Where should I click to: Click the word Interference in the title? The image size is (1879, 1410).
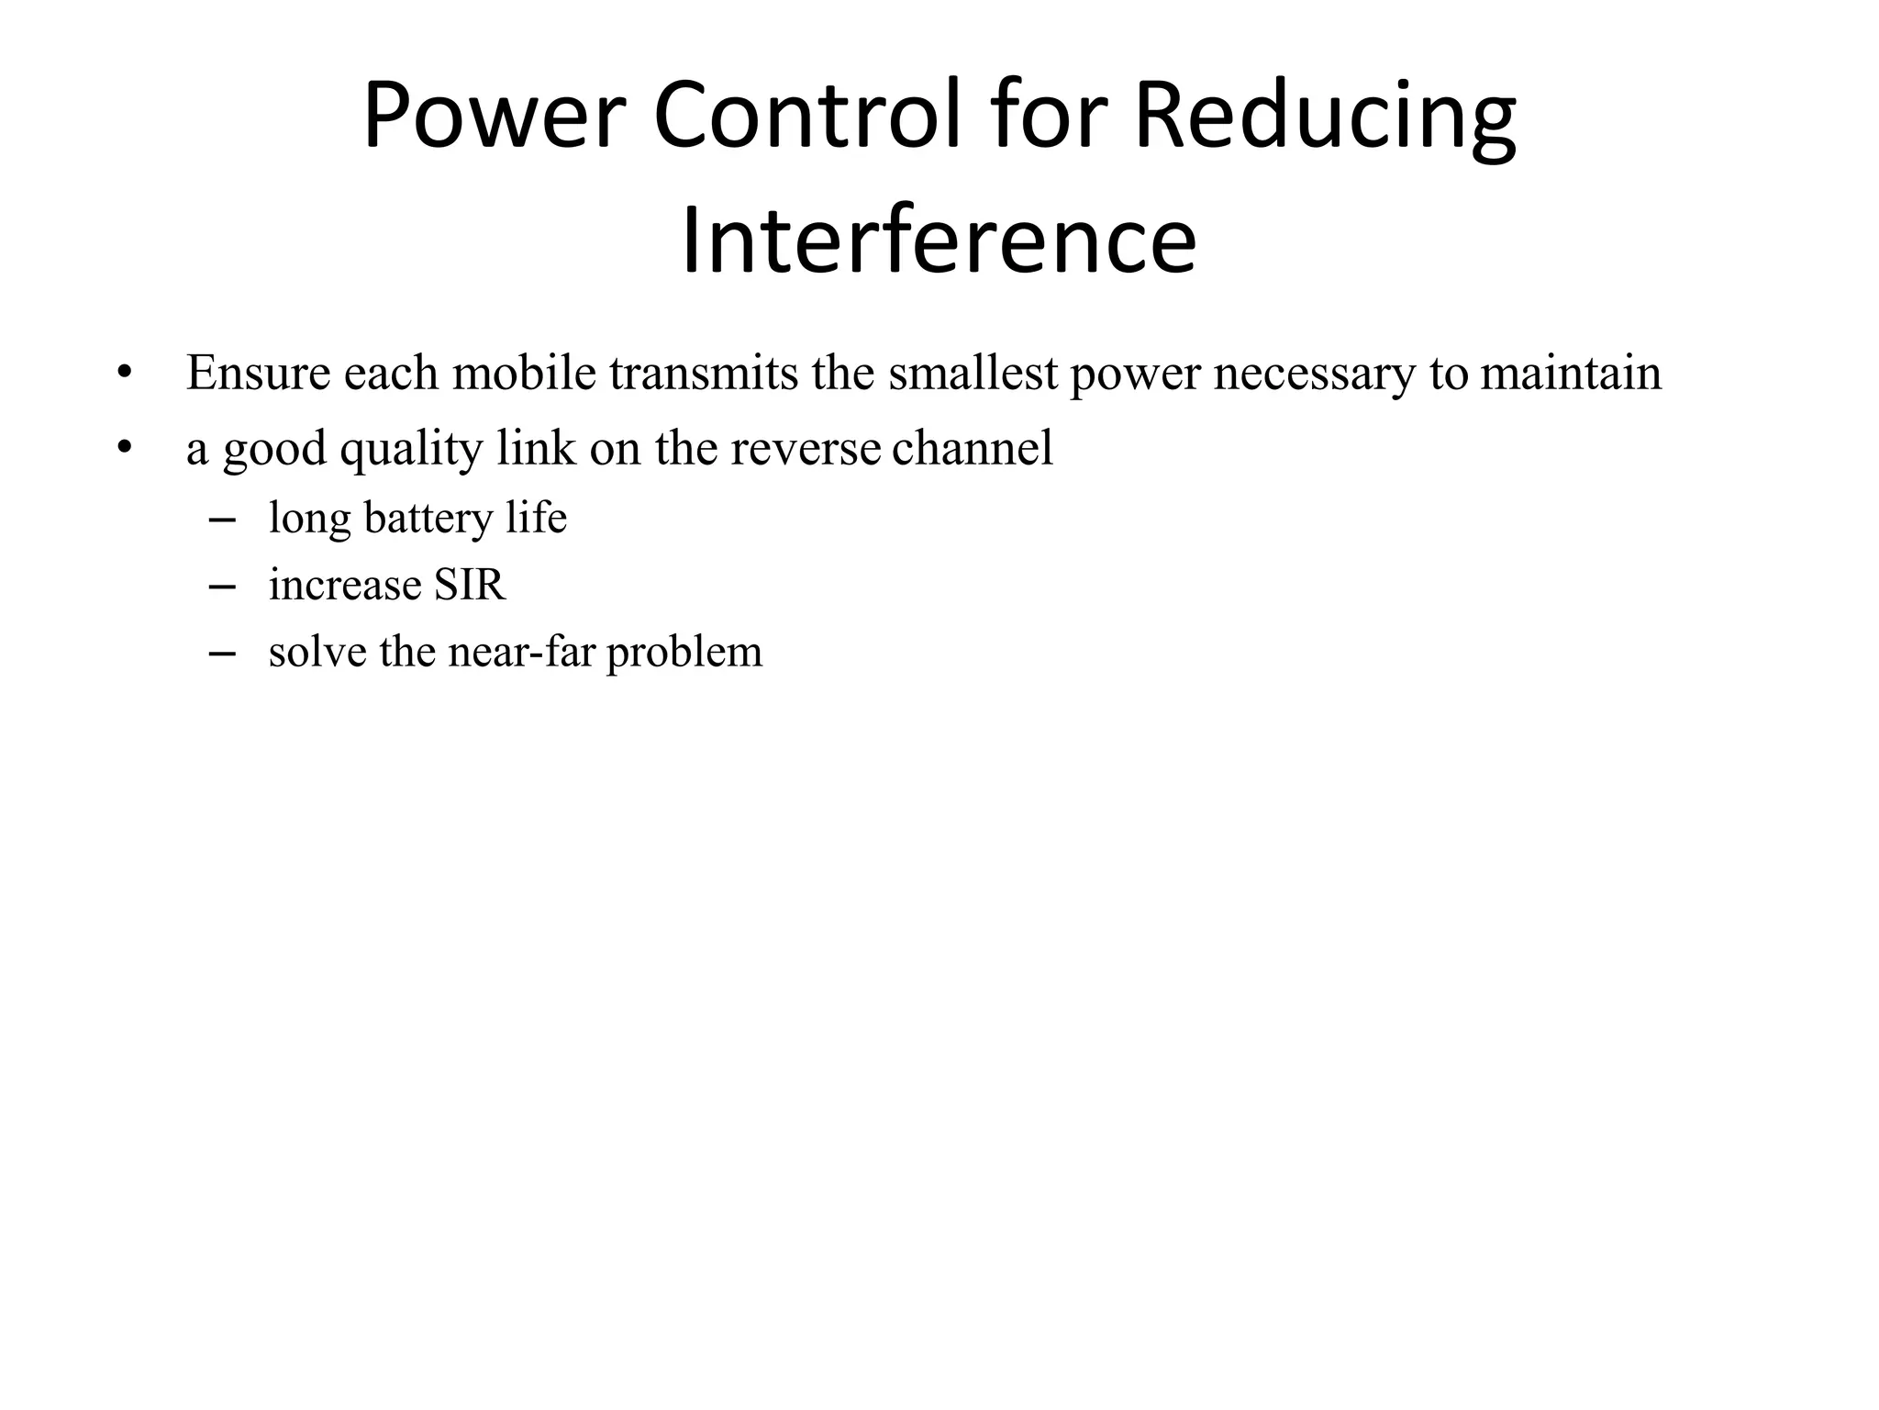click(x=939, y=241)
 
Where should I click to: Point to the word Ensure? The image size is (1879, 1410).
click(x=258, y=373)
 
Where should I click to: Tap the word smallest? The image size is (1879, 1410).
click(x=973, y=373)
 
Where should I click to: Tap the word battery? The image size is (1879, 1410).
click(x=428, y=519)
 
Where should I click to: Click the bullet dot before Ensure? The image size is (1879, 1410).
click(x=125, y=374)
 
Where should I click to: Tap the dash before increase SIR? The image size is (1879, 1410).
click(x=222, y=587)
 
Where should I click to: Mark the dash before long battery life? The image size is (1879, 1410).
click(x=222, y=520)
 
